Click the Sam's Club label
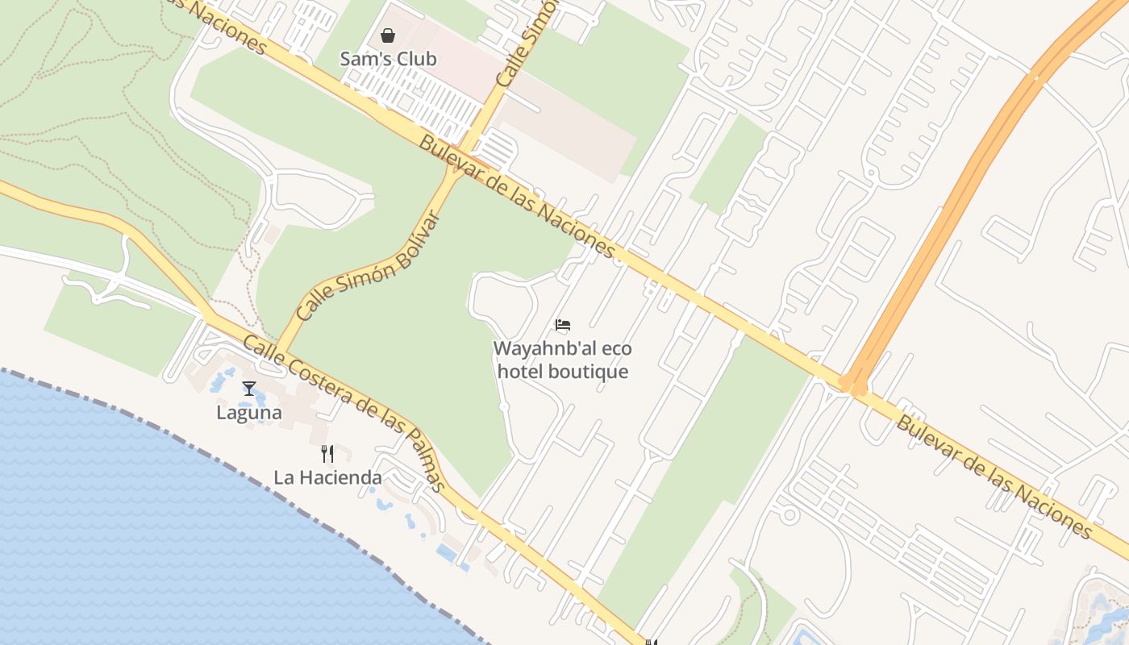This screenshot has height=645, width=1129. (x=388, y=59)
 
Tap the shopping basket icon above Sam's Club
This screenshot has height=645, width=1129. (x=388, y=35)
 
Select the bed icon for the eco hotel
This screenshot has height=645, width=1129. (x=563, y=325)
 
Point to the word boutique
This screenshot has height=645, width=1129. (x=588, y=372)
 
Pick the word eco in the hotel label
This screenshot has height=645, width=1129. (x=617, y=349)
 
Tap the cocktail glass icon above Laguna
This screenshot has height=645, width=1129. (x=249, y=389)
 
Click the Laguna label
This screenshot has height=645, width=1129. (x=249, y=413)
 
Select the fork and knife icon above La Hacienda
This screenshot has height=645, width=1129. (x=327, y=453)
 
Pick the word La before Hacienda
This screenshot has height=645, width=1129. (x=283, y=477)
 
